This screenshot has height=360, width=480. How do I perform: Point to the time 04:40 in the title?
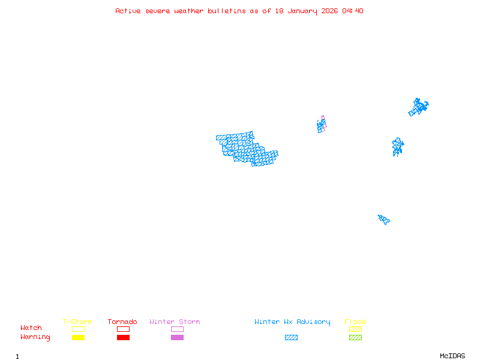(x=352, y=11)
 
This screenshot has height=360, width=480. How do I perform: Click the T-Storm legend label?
(x=77, y=322)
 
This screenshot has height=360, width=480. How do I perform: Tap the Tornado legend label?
(x=122, y=322)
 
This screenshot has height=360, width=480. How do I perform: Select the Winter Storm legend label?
(x=175, y=322)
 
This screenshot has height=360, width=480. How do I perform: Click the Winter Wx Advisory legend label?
(x=292, y=322)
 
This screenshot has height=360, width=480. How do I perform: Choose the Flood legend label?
(x=355, y=322)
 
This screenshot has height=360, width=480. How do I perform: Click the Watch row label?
(x=31, y=328)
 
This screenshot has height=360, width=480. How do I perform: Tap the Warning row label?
(x=35, y=337)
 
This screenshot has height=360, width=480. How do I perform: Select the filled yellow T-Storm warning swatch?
(x=78, y=337)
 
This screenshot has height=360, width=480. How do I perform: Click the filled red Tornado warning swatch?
(x=123, y=337)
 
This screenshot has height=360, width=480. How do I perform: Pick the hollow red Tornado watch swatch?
(x=123, y=329)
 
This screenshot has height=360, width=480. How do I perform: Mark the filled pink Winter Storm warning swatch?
(x=177, y=337)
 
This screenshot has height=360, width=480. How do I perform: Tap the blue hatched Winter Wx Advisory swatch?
(x=291, y=337)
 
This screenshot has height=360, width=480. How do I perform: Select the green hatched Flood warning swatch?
(x=355, y=337)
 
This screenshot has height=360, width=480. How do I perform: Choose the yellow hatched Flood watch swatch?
(x=355, y=329)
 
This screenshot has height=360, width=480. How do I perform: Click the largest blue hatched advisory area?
(x=246, y=149)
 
